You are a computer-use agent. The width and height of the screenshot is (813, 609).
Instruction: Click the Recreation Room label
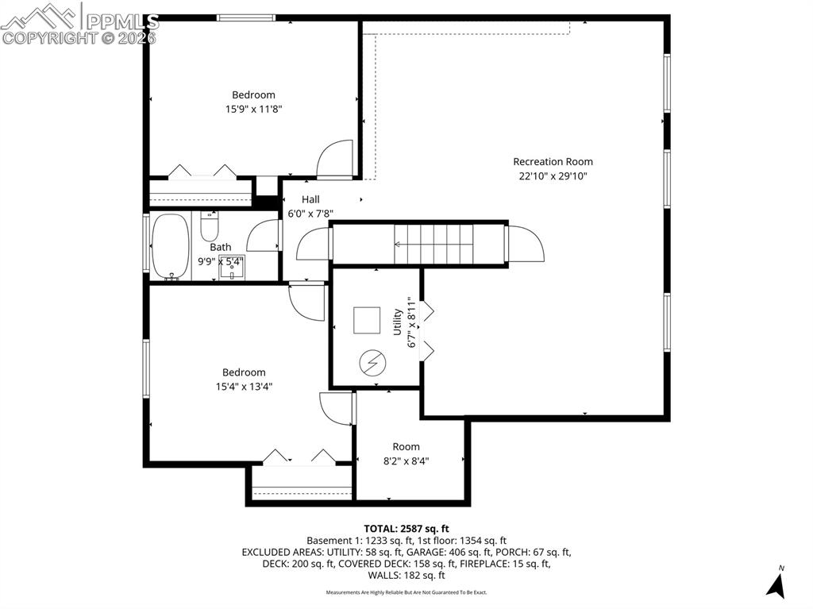[x=553, y=162]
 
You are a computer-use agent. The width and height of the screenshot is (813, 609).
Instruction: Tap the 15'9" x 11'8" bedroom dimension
[x=253, y=110]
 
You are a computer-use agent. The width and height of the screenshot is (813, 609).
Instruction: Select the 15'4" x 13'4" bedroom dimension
[x=244, y=387]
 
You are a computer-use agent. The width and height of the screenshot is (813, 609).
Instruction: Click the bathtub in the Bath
[x=170, y=246]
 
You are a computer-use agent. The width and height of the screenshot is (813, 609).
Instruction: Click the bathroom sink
[x=232, y=268]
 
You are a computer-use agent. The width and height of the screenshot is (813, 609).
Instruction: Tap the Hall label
[x=310, y=199]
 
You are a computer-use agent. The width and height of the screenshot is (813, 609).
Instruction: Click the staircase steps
[x=433, y=244]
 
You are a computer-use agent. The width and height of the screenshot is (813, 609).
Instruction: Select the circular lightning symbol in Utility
[x=372, y=364]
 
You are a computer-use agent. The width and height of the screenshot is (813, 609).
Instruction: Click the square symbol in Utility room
[x=368, y=320]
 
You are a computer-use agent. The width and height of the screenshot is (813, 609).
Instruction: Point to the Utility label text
[x=398, y=322]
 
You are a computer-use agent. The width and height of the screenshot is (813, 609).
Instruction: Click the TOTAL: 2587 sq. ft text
[x=406, y=528]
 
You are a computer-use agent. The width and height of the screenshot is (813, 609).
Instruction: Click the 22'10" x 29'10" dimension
[x=553, y=176]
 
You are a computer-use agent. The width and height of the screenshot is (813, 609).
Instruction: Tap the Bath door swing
[x=264, y=237]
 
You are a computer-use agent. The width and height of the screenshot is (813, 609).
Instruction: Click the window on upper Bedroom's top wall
[x=247, y=17]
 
